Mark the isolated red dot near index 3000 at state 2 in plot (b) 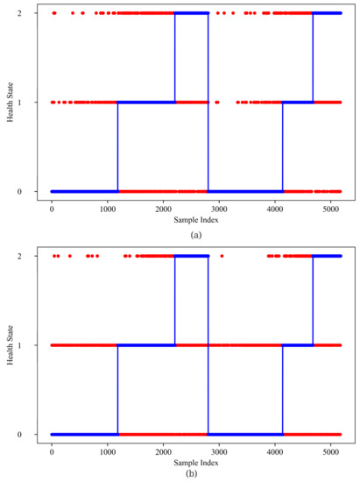[x=222, y=256]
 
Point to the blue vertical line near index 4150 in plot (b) [x=283, y=390]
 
